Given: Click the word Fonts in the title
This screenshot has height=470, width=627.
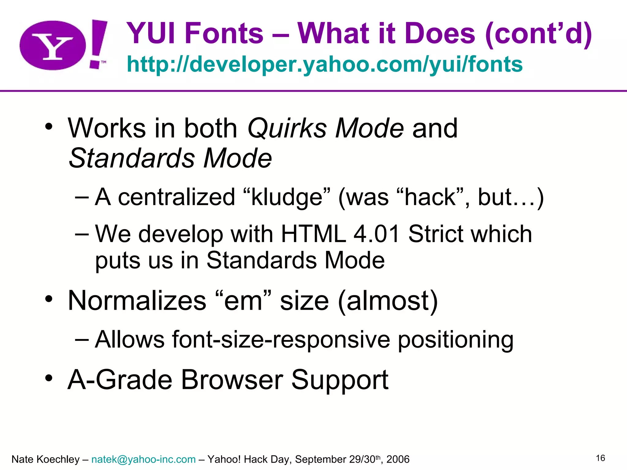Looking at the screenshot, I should (224, 33).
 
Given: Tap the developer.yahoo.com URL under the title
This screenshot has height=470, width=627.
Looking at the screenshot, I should (325, 64).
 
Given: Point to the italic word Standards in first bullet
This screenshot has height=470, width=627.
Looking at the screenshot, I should (132, 158).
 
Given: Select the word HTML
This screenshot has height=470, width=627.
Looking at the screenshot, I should (313, 234).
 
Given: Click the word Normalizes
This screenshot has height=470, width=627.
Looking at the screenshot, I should (137, 300).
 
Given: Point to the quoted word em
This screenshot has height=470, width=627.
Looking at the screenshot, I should (243, 300).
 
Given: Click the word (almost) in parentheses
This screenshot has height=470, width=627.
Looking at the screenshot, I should (388, 300).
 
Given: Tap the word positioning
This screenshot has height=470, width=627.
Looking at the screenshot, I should (455, 340).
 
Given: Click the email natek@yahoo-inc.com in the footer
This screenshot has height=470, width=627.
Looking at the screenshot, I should (143, 459).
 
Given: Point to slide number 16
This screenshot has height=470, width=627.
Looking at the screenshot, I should (600, 458).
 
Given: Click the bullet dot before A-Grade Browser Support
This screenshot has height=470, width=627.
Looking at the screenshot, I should (49, 378).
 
